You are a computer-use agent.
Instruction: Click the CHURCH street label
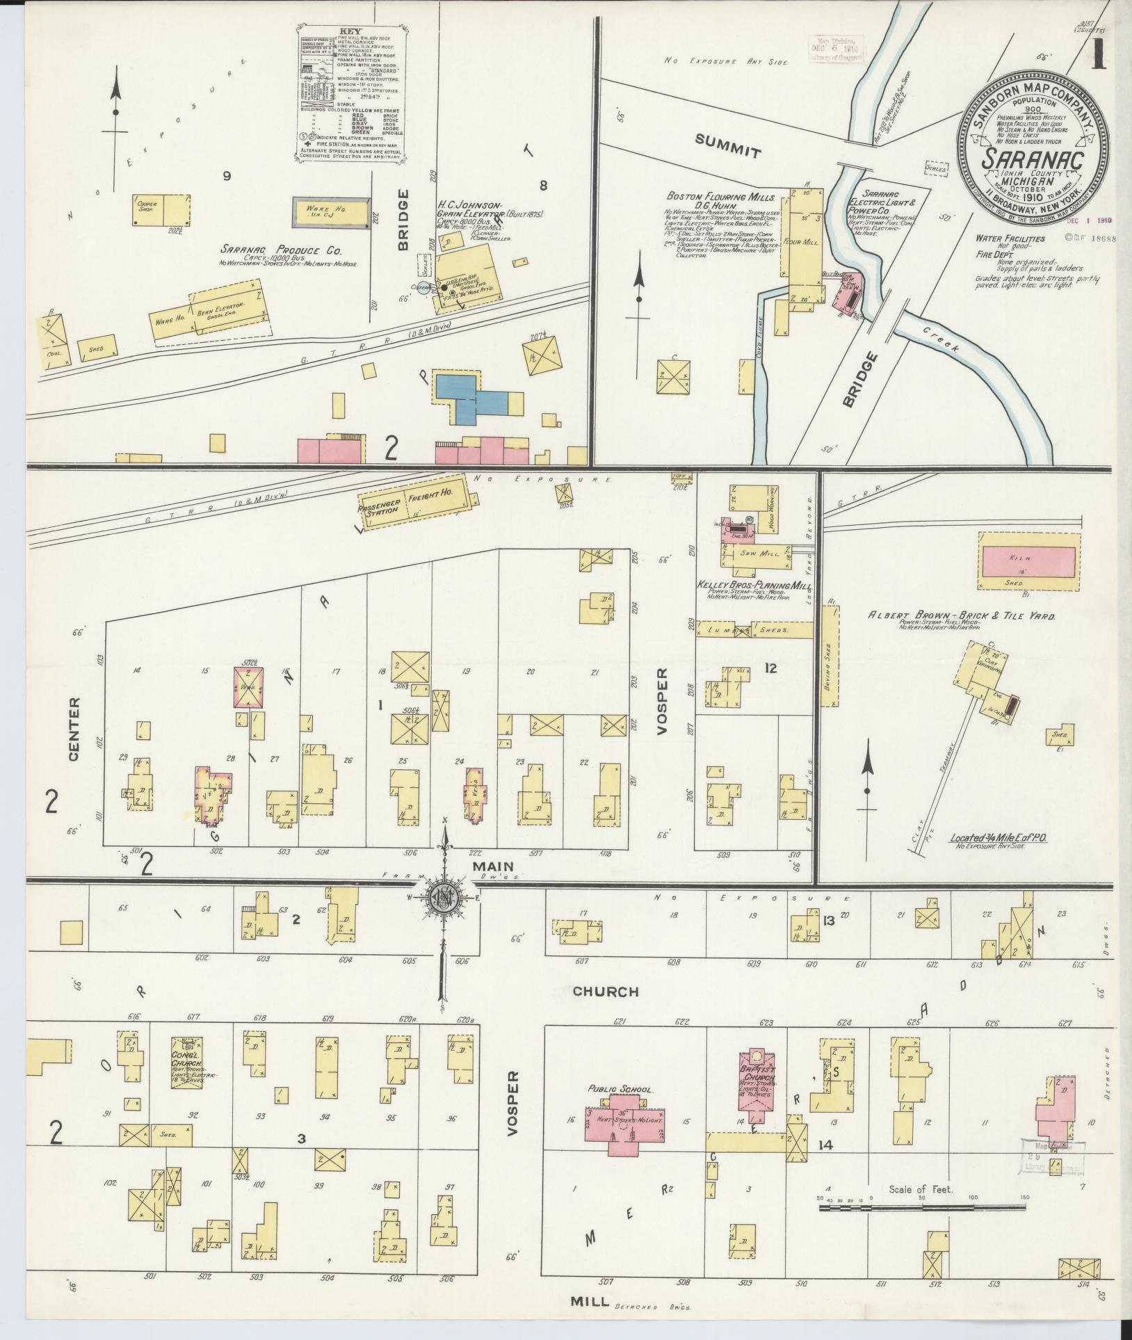click(x=605, y=991)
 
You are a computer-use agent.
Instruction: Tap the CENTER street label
click(x=75, y=730)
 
